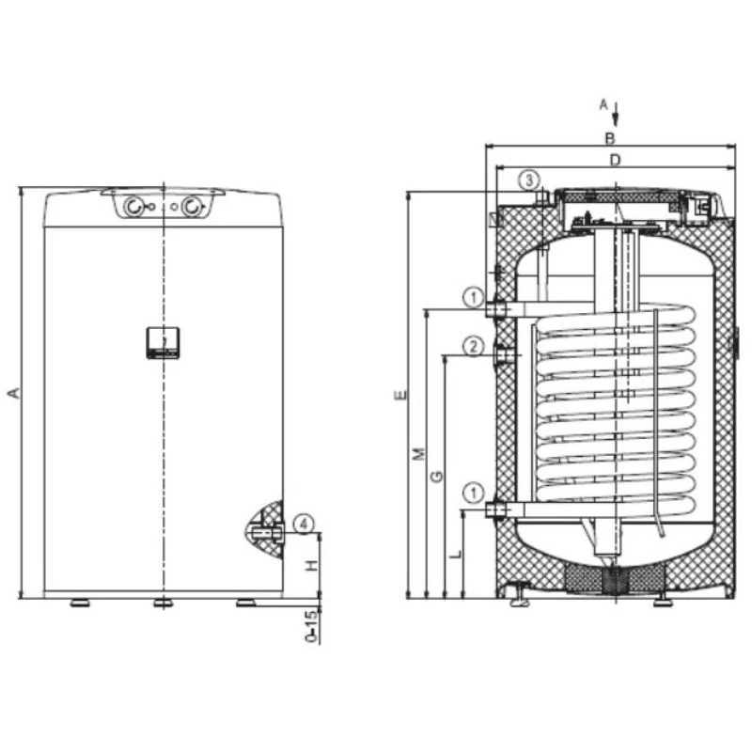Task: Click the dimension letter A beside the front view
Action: (x=14, y=393)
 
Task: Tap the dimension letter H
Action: (x=312, y=566)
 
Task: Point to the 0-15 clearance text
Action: (x=312, y=626)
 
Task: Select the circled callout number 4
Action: (x=304, y=524)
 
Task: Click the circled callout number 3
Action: (x=529, y=180)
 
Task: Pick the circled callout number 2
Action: (x=474, y=346)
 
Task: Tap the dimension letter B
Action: (x=609, y=138)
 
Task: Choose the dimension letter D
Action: (x=615, y=160)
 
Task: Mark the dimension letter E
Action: (x=401, y=395)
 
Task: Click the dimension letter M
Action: (x=419, y=453)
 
